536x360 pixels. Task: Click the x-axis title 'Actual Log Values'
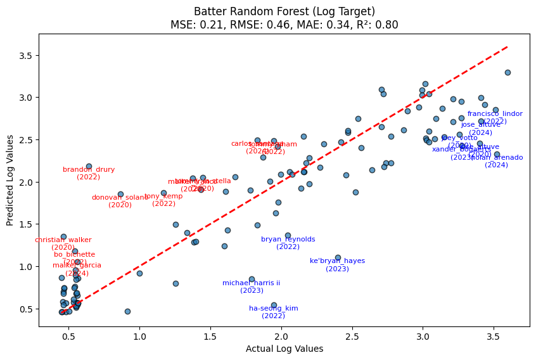pyautogui.click(x=284, y=349)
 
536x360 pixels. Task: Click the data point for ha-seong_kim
pyautogui.click(x=274, y=305)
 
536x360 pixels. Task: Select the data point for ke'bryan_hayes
pyautogui.click(x=338, y=257)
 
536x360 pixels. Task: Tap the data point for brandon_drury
pyautogui.click(x=89, y=166)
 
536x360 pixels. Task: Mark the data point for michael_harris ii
pyautogui.click(x=252, y=279)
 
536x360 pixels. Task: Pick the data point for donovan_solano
pyautogui.click(x=120, y=194)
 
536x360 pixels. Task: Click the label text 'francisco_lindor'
pyautogui.click(x=495, y=114)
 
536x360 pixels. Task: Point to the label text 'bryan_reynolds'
pyautogui.click(x=288, y=239)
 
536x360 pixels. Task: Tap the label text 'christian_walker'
pyautogui.click(x=63, y=240)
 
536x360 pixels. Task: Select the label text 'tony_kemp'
pyautogui.click(x=163, y=196)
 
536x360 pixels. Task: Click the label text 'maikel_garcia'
pyautogui.click(x=77, y=266)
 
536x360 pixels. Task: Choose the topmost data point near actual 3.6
pyautogui.click(x=507, y=72)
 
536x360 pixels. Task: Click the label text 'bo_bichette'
pyautogui.click(x=75, y=254)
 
